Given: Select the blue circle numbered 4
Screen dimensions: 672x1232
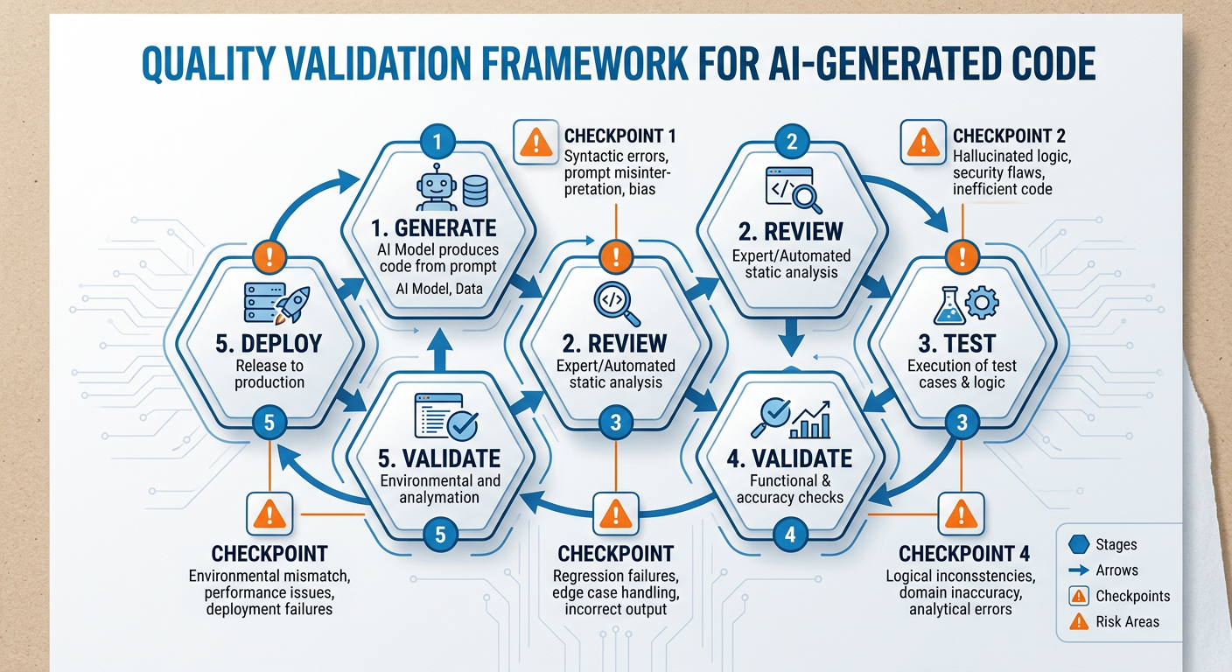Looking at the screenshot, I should (x=789, y=534).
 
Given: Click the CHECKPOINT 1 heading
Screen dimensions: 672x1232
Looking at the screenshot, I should (x=619, y=136).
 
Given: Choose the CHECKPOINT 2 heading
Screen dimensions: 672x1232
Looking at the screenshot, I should (x=1008, y=136).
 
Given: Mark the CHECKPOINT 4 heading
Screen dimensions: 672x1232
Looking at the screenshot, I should (x=964, y=554).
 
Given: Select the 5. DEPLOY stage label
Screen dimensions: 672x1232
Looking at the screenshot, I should (x=268, y=342).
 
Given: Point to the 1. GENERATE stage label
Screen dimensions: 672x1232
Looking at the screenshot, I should (x=434, y=229).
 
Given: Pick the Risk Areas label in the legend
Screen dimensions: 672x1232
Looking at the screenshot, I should (x=1127, y=622).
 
